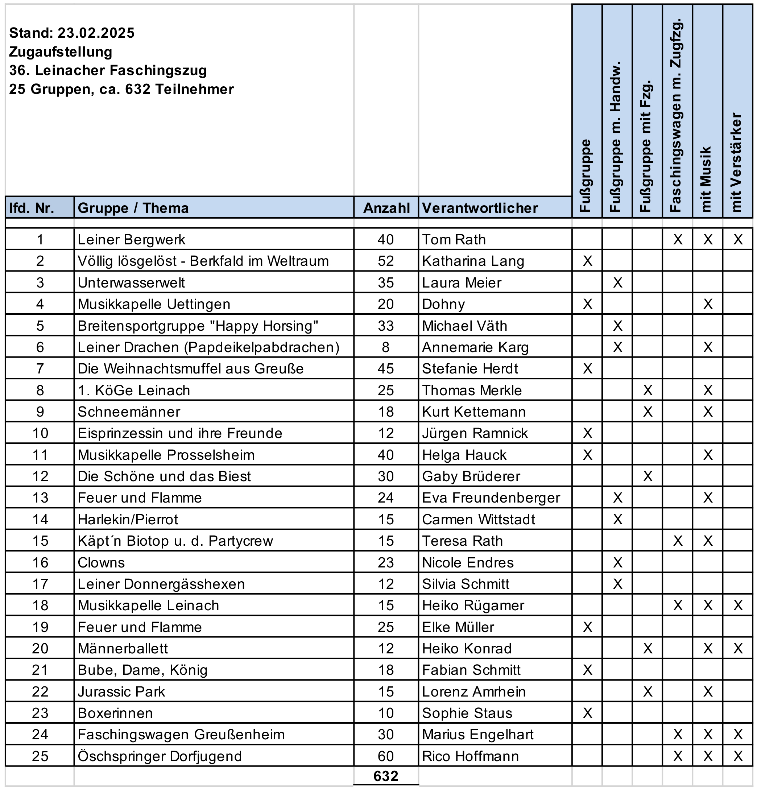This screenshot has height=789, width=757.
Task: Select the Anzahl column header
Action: click(x=386, y=208)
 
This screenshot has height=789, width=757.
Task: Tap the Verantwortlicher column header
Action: click(x=480, y=208)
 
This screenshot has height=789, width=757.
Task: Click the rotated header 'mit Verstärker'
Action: click(x=737, y=162)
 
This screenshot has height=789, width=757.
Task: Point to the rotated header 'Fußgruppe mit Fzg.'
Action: click(x=646, y=146)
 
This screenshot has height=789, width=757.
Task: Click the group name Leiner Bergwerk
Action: click(x=131, y=240)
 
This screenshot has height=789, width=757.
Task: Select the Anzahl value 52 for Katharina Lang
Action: click(x=385, y=261)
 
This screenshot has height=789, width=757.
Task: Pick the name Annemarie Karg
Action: click(x=475, y=347)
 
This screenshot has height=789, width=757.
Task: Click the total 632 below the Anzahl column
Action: click(x=385, y=776)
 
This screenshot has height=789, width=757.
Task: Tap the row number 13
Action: click(x=40, y=498)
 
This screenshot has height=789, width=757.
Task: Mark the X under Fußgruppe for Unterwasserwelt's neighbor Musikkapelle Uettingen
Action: click(x=587, y=304)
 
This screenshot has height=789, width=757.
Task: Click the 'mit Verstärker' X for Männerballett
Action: click(x=738, y=649)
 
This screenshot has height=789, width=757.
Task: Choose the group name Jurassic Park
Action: click(x=121, y=691)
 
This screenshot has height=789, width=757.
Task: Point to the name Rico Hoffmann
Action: click(x=470, y=756)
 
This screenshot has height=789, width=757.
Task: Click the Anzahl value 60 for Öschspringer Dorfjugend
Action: click(x=385, y=756)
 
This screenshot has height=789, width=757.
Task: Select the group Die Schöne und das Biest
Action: click(x=164, y=476)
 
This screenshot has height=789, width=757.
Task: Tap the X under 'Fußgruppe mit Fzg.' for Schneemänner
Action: click(x=648, y=412)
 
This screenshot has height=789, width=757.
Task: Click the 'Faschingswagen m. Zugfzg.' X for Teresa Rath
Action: click(x=678, y=541)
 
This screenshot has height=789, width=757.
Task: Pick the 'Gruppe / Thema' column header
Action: click(x=133, y=208)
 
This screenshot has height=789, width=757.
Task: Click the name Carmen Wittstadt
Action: click(x=478, y=519)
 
